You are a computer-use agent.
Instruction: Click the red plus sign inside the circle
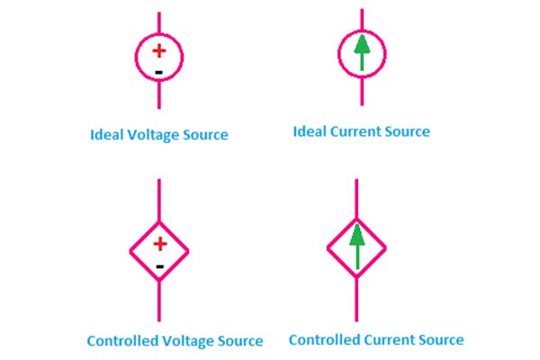tap(158, 51)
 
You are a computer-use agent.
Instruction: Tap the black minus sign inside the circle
tap(158, 71)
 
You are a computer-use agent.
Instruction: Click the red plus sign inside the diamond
tap(159, 243)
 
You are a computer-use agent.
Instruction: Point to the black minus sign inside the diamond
tap(159, 266)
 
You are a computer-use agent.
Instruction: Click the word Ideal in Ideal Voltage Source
tap(107, 135)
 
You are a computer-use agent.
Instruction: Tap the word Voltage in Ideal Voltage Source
tap(157, 135)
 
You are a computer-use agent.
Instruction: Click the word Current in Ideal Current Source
tap(358, 131)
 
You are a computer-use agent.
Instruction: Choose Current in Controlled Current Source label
tap(392, 339)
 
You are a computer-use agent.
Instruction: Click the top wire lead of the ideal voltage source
tap(159, 22)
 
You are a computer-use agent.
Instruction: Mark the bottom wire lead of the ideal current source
tap(362, 92)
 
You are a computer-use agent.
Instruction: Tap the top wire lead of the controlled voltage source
tap(159, 198)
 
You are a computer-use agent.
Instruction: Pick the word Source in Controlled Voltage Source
tap(240, 341)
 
